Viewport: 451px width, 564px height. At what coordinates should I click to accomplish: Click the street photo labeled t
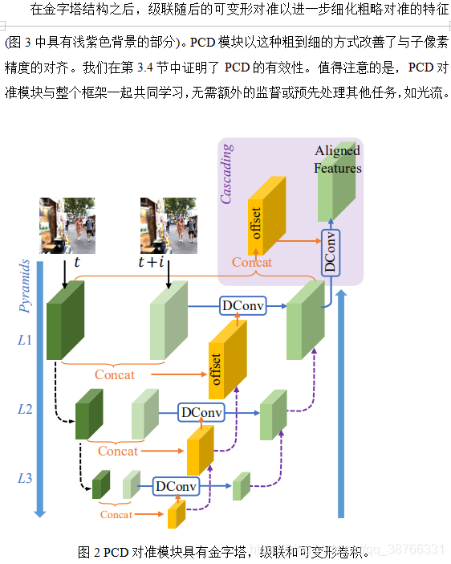(67, 225)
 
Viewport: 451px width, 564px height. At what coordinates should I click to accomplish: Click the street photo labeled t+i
(169, 225)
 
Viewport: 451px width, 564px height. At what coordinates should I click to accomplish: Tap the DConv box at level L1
(243, 306)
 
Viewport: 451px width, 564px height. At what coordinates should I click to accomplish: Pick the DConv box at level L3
(176, 486)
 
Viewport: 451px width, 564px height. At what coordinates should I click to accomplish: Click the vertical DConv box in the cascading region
(329, 252)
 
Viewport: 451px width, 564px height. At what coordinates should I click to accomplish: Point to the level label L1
(25, 340)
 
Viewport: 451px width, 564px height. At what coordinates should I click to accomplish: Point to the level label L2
(25, 410)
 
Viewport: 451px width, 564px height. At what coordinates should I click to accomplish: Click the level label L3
(25, 479)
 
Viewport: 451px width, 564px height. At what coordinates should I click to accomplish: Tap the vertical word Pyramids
(25, 286)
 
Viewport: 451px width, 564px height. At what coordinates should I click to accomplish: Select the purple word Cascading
(227, 174)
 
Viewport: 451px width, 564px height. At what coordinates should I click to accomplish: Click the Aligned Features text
(337, 159)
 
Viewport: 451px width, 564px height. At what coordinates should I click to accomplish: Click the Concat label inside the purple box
(251, 262)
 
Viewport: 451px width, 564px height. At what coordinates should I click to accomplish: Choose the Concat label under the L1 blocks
(115, 374)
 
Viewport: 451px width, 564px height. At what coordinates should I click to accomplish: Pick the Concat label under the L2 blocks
(117, 451)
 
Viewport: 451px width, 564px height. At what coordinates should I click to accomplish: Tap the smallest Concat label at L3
(116, 514)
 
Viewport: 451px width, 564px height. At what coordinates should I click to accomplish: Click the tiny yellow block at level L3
(176, 513)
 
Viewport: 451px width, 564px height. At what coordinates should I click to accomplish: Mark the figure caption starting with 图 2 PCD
(225, 552)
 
